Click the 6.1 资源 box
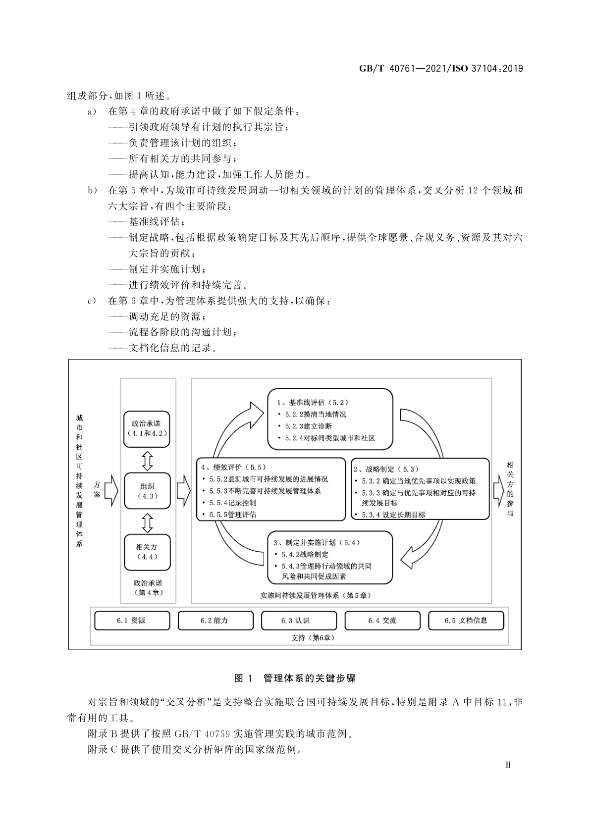[x=132, y=621]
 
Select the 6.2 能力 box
[x=215, y=621]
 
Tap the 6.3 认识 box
[x=299, y=621]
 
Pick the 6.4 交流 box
[x=382, y=621]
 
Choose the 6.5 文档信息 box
[x=466, y=621]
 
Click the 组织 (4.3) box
[x=148, y=491]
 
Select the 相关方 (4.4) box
[x=147, y=552]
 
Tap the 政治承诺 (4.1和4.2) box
[x=147, y=428]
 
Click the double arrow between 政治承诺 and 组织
[x=147, y=460]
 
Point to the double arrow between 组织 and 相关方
[x=147, y=522]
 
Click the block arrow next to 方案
[x=111, y=491]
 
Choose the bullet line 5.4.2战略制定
[x=305, y=555]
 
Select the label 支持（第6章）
[x=313, y=638]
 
